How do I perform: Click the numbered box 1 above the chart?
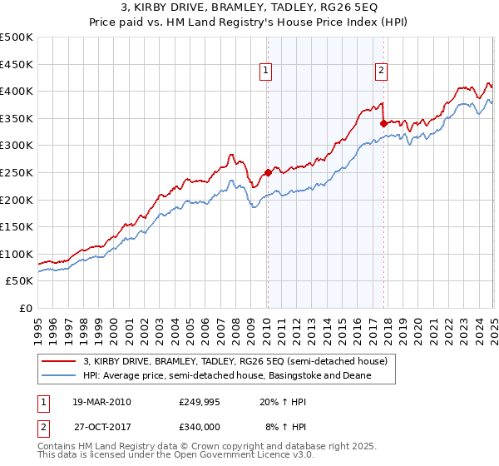264,72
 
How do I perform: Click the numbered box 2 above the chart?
381,72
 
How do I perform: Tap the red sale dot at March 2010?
268,173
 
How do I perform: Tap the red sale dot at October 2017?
383,123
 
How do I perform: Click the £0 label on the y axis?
25,308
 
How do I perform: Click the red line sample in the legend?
59,362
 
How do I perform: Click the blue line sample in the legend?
59,376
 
